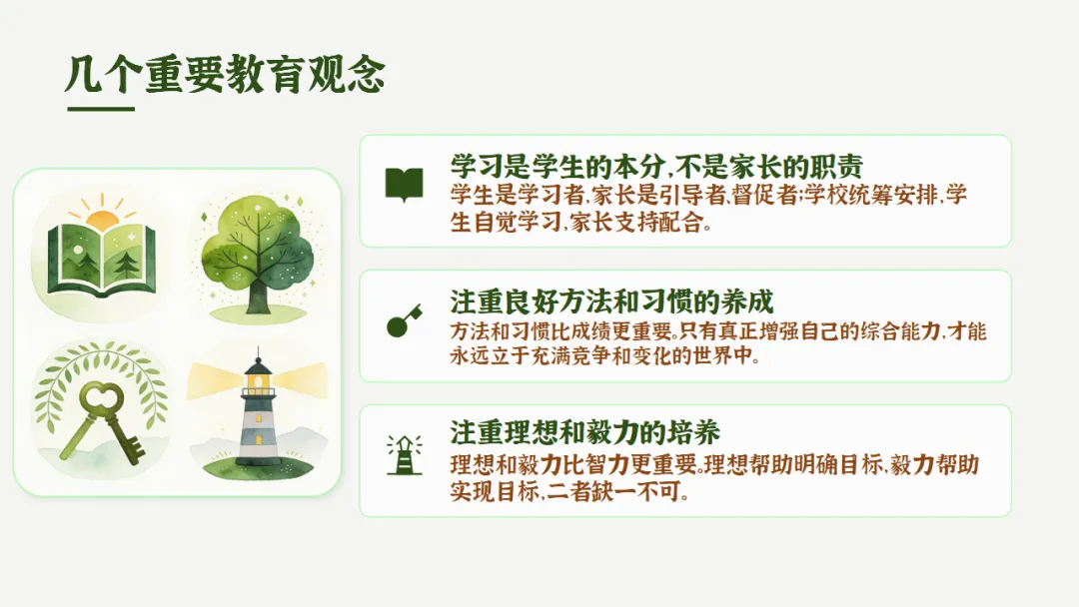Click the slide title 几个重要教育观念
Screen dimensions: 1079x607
tap(225, 74)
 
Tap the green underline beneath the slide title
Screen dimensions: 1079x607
tap(101, 109)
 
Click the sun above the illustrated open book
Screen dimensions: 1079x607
tap(102, 218)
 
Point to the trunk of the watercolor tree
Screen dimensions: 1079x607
tap(258, 295)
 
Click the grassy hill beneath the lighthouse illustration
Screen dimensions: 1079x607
tap(258, 469)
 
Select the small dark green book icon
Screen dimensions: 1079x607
tap(404, 185)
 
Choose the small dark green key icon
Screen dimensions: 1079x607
tap(404, 321)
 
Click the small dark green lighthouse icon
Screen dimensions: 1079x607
tap(404, 455)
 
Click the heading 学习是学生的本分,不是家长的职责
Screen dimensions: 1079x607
tap(656, 166)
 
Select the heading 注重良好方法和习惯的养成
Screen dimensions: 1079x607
tap(611, 302)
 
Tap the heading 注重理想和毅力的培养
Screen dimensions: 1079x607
tap(584, 433)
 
